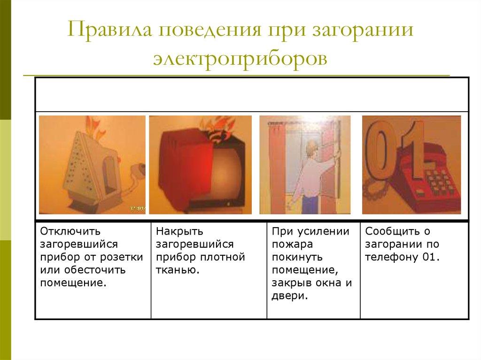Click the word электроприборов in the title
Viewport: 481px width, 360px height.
(x=240, y=59)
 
